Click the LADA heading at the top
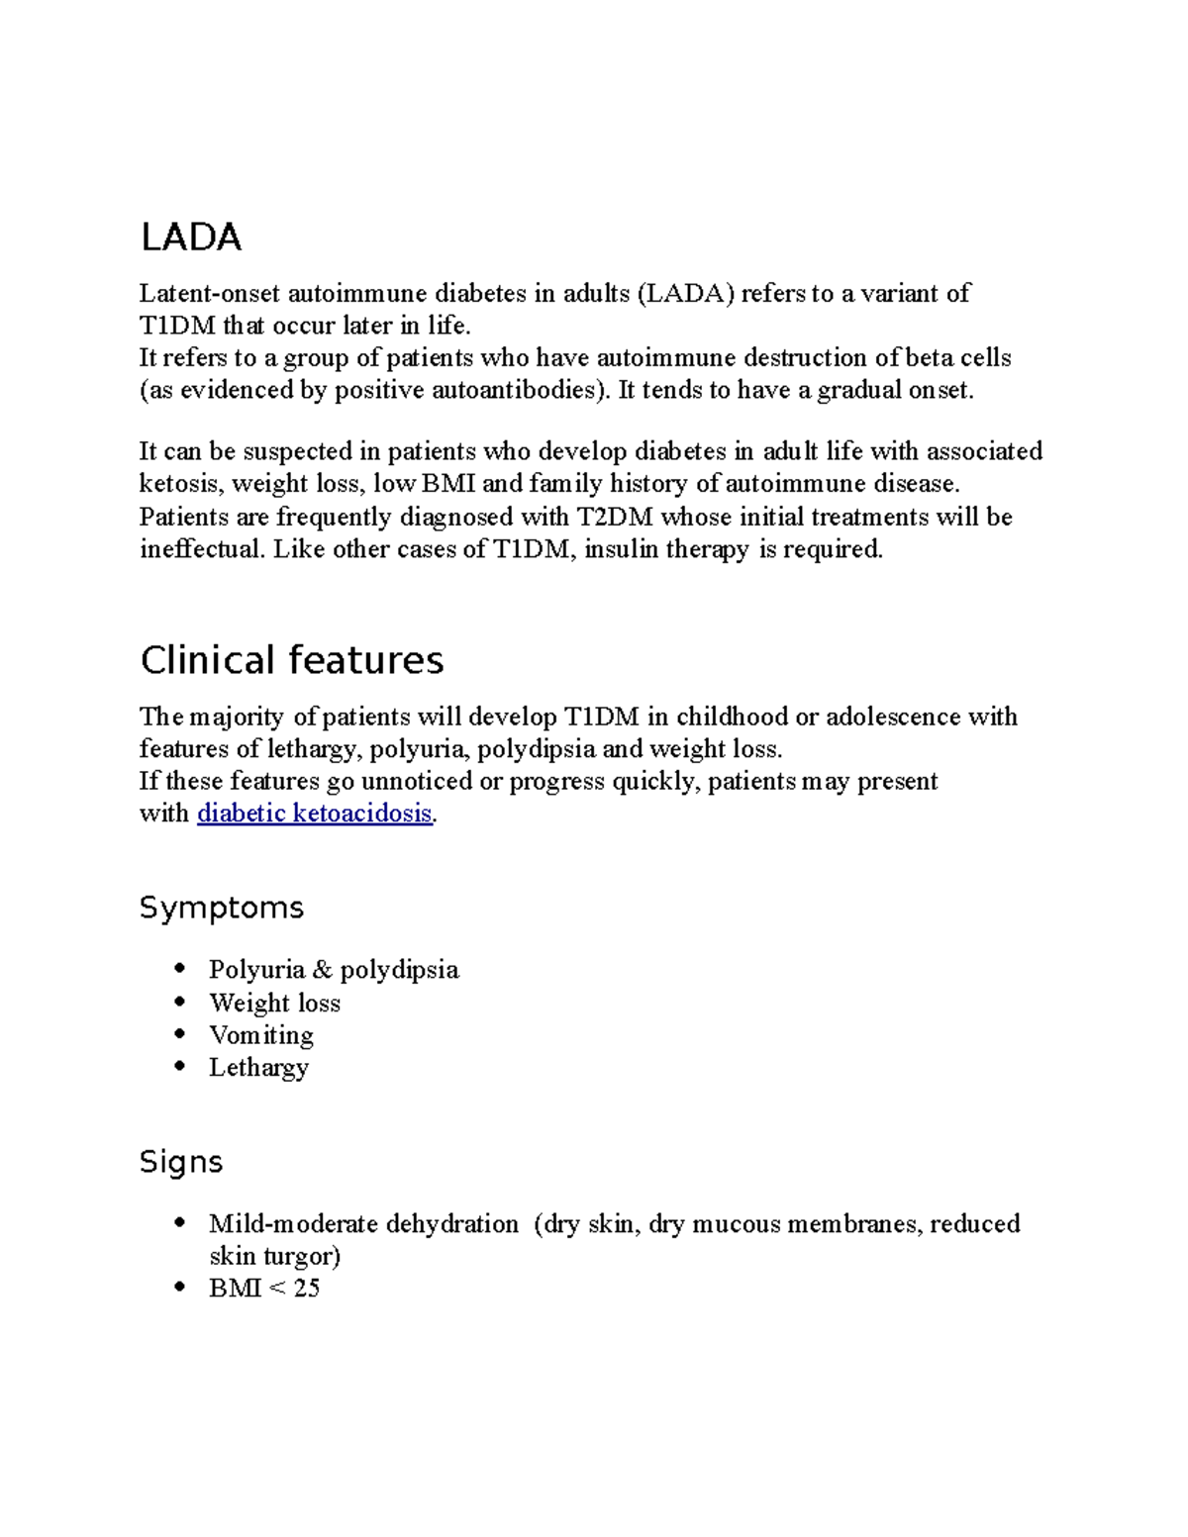coord(191,238)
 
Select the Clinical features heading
coord(291,660)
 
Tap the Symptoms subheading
coord(221,908)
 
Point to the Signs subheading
coord(181,1161)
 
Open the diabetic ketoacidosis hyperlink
coord(315,814)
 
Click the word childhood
coord(732,717)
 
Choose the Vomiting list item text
coord(261,1035)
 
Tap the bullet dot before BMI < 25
coord(179,1288)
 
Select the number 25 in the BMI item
coord(306,1289)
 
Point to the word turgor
coord(301,1257)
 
